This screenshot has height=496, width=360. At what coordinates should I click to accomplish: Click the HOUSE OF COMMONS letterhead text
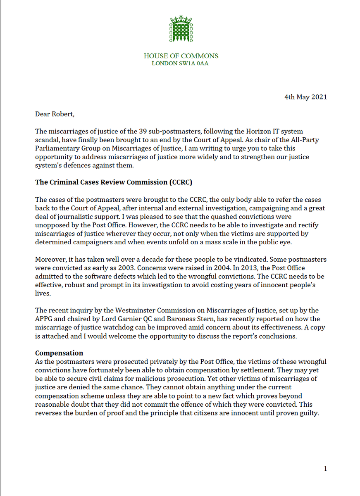coord(181,56)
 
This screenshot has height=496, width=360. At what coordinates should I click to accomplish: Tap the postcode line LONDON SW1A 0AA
coord(180,64)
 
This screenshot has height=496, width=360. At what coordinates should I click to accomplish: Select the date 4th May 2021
coord(306,97)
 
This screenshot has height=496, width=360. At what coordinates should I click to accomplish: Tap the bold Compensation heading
coord(59,353)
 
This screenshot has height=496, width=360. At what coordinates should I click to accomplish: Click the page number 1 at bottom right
coord(325,469)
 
